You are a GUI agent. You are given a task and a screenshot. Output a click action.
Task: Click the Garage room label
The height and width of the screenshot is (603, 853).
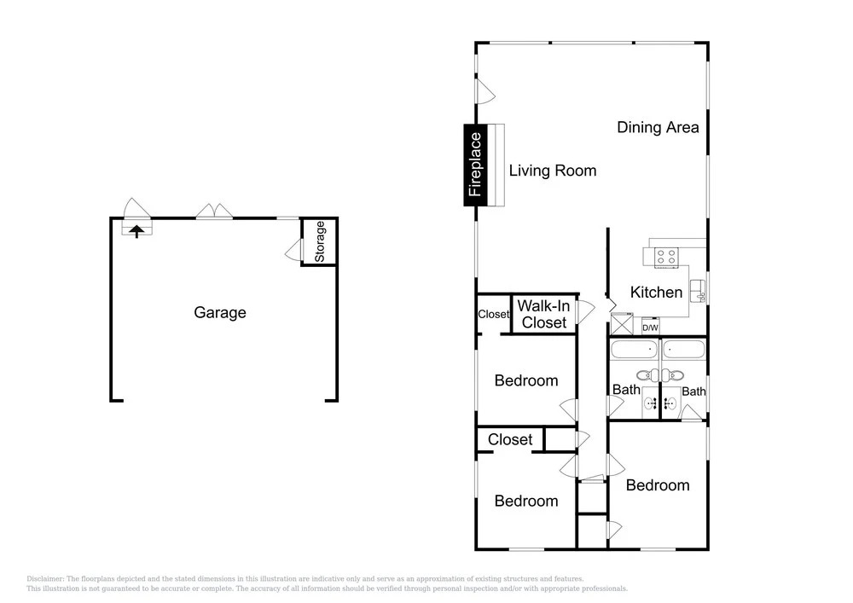[220, 313]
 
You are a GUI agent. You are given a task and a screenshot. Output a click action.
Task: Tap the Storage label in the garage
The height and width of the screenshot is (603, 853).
[320, 241]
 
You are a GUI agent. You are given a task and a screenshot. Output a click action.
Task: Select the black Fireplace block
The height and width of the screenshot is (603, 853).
[475, 165]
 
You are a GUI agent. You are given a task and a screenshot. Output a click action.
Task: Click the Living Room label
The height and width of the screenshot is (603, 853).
[553, 171]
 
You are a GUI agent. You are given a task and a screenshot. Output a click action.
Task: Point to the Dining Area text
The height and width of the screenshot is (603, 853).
[658, 127]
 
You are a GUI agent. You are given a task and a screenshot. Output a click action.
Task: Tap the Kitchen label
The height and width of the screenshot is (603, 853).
[656, 292]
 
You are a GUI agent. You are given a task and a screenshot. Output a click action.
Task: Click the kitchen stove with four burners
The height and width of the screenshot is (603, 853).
[666, 257]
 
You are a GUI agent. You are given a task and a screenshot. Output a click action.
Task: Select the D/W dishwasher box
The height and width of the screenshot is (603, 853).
[650, 328]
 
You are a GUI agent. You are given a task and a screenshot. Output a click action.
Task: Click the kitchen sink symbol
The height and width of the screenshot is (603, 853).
[698, 291]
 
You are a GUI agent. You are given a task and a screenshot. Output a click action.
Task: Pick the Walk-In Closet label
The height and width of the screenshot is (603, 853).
[544, 314]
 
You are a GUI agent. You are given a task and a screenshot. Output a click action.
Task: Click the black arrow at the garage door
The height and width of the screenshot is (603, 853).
[136, 231]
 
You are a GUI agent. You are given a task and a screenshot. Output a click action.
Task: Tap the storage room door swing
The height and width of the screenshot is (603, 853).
[293, 251]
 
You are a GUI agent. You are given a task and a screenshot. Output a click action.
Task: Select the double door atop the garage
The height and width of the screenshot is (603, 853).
[214, 212]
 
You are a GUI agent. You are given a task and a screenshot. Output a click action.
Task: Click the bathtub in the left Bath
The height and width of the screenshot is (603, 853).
[634, 350]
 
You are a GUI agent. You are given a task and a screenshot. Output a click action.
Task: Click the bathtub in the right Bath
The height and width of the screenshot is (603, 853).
[684, 350]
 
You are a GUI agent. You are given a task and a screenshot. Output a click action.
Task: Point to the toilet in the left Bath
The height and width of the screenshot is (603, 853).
[647, 375]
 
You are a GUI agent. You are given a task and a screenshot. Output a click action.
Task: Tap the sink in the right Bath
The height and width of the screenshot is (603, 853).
[671, 403]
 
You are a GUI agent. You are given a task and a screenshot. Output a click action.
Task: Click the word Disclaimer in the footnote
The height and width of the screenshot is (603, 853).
[45, 579]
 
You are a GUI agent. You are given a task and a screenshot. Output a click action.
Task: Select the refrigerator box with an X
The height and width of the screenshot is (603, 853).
[622, 324]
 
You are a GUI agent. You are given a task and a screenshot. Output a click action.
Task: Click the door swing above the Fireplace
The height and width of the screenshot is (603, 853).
[485, 91]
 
